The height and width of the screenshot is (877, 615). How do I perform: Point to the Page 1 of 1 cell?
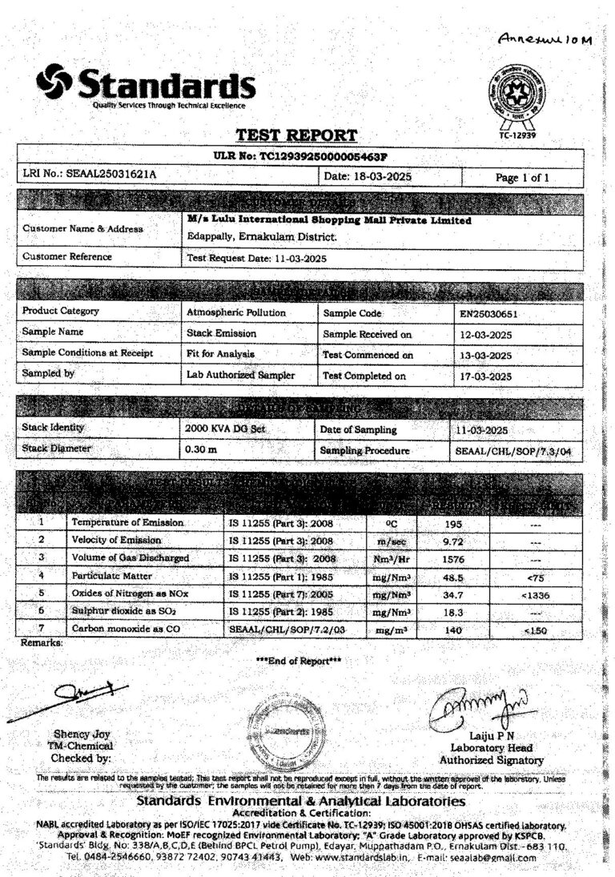[x=522, y=177]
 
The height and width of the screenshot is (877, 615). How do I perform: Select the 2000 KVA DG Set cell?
[x=225, y=429]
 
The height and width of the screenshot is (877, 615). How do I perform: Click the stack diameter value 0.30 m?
[x=202, y=449]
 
